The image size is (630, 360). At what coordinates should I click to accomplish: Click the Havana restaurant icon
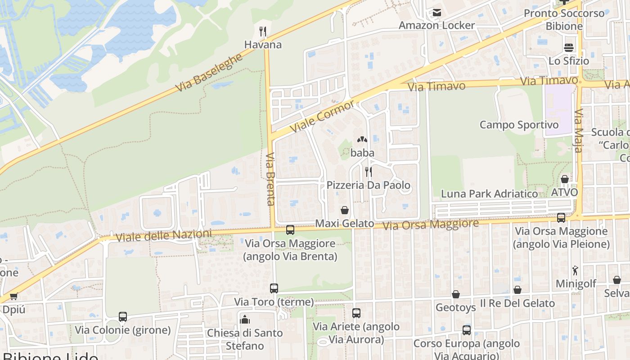[263, 31]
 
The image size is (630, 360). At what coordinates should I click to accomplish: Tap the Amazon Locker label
[436, 25]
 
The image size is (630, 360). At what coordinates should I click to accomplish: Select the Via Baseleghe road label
[209, 72]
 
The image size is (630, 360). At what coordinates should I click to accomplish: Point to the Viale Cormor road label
[323, 116]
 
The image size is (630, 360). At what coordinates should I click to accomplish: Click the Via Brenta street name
[270, 179]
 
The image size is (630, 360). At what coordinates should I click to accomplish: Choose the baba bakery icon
[362, 140]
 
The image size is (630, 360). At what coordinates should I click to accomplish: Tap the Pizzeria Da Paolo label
[369, 185]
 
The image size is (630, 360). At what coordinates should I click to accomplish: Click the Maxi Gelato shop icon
[345, 210]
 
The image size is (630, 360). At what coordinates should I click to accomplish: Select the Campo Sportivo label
[519, 125]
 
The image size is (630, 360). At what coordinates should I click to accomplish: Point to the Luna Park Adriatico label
[490, 194]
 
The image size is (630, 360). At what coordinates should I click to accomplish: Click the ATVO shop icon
[565, 179]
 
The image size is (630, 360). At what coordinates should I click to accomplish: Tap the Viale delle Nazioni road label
[163, 235]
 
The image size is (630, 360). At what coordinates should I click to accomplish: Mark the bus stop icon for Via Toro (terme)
[274, 288]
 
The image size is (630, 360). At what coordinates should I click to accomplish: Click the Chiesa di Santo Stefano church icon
[245, 319]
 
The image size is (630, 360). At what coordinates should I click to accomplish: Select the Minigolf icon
[576, 270]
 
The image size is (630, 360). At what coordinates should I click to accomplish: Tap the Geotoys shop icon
[456, 294]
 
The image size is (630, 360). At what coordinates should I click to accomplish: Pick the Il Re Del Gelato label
[517, 303]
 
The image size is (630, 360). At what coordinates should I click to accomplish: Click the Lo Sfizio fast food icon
[569, 48]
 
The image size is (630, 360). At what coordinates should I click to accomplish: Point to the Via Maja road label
[579, 130]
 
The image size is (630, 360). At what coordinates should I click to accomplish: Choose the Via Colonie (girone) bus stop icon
[123, 317]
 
